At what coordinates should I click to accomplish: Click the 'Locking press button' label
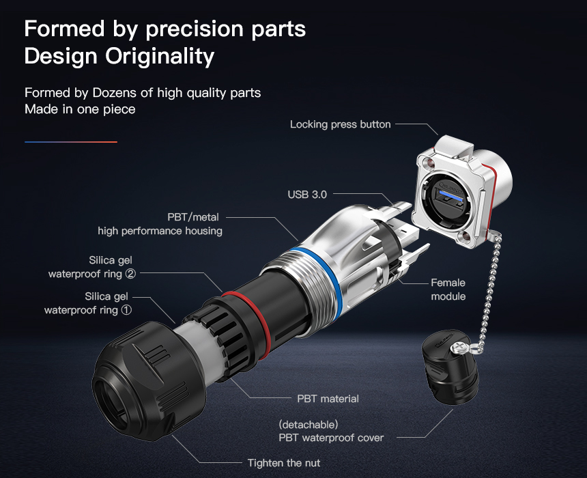(x=341, y=124)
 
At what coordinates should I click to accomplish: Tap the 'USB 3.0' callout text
(x=307, y=195)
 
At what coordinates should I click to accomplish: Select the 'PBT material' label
(x=328, y=399)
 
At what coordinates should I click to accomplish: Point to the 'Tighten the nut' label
(x=284, y=463)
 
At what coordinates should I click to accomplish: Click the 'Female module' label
(x=448, y=290)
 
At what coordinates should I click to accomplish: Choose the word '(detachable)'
(x=309, y=425)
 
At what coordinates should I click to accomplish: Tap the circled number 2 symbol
(x=130, y=274)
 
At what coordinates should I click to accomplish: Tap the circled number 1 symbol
(x=127, y=310)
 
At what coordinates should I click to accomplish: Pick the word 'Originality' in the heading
(x=160, y=57)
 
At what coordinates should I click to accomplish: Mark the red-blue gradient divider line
(x=71, y=142)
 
